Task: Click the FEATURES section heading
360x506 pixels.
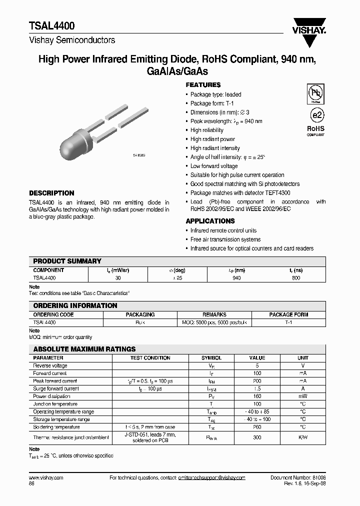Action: pos(203,85)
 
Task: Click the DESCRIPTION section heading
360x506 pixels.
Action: pos(51,193)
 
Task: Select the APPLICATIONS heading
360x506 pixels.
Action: pos(210,221)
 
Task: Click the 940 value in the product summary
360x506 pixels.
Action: pos(236,277)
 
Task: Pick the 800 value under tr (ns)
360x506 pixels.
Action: pos(295,277)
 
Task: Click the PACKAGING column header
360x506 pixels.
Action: pos(140,314)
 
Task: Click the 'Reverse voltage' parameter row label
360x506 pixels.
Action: pos(50,365)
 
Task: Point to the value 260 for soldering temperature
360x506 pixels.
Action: pos(256,427)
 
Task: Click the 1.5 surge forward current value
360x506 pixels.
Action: pos(257,388)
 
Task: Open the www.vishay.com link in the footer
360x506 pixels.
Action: pos(43,478)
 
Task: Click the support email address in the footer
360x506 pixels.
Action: pos(211,478)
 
